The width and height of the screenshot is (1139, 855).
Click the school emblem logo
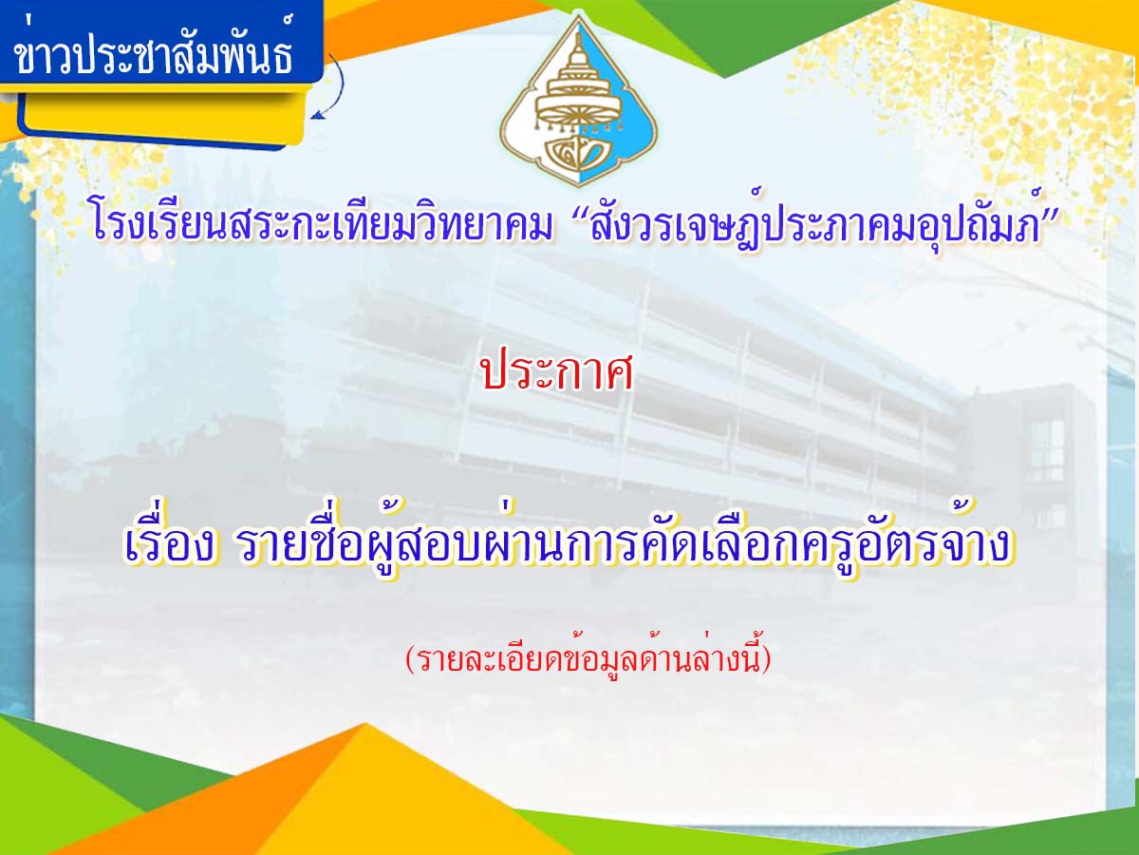(x=579, y=102)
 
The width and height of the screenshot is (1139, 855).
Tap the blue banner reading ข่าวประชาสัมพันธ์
(x=160, y=43)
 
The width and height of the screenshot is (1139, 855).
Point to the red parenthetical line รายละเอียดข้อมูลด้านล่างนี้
(x=588, y=658)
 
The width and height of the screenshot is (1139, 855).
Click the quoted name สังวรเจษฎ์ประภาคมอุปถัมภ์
(x=817, y=223)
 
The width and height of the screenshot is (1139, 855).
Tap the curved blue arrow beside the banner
(x=332, y=88)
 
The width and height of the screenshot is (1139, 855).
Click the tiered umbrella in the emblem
(x=577, y=88)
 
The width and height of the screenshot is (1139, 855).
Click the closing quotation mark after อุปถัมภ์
(x=1048, y=208)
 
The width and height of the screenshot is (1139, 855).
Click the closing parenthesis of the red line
(x=766, y=659)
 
